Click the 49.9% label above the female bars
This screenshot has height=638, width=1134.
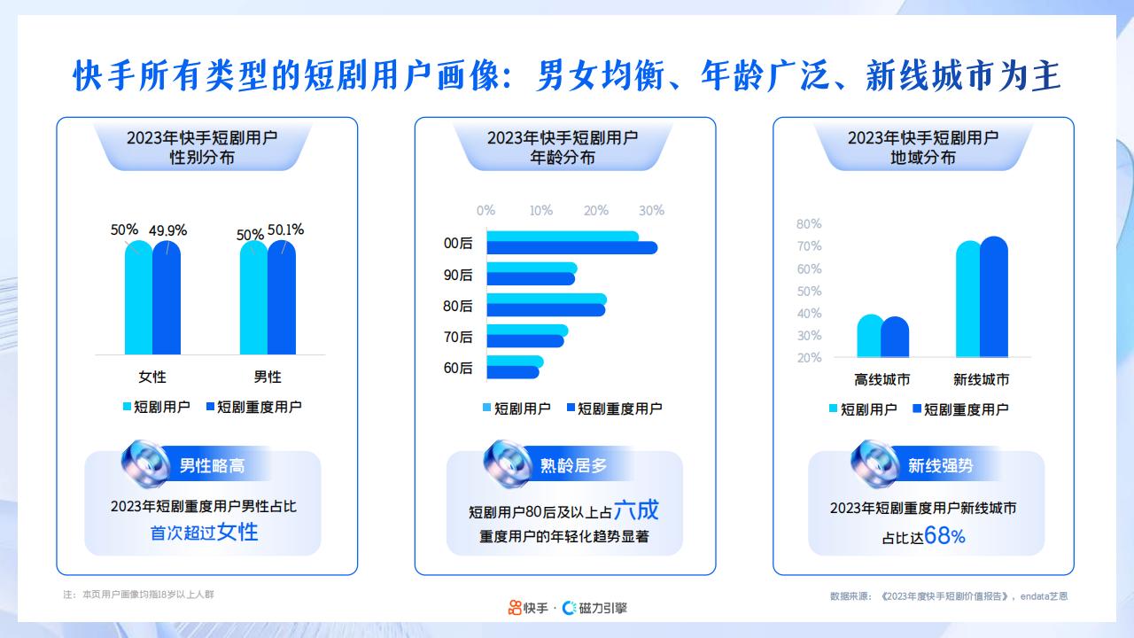(167, 230)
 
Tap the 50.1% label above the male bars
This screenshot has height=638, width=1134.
(285, 230)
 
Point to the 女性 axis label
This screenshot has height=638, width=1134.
(151, 377)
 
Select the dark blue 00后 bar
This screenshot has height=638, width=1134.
(571, 248)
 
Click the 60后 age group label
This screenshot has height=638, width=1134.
(458, 368)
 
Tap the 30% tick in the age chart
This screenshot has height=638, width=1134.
(651, 211)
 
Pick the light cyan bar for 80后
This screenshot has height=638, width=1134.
(546, 299)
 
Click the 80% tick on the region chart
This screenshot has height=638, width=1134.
(809, 224)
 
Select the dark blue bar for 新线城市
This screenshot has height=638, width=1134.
(994, 298)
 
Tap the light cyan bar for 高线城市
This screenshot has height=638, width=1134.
(870, 337)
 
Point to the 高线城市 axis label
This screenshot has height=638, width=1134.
(882, 380)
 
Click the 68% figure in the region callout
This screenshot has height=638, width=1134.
(944, 536)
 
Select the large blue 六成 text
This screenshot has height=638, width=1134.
(636, 510)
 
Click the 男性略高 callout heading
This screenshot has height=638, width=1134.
(212, 466)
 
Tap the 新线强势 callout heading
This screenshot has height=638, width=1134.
(941, 466)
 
